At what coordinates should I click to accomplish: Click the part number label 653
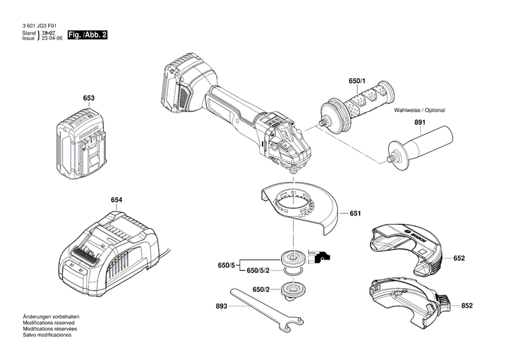(89, 98)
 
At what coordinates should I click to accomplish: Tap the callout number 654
(117, 200)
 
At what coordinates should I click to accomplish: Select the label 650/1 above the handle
(357, 82)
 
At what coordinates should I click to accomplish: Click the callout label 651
(355, 213)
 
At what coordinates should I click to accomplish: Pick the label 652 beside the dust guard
(459, 258)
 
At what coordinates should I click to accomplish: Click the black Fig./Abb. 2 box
(88, 34)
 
